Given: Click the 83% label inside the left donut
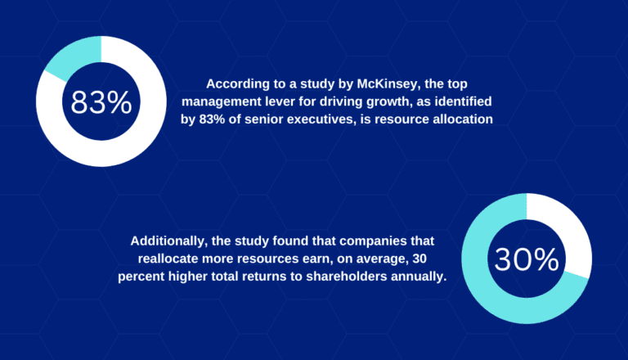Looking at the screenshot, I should (x=101, y=103).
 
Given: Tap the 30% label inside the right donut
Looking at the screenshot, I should (x=527, y=259).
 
